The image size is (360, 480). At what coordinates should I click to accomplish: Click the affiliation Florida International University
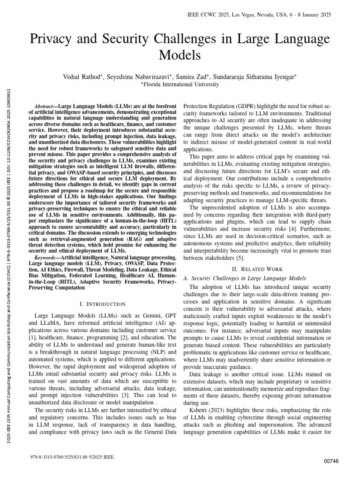(180, 84)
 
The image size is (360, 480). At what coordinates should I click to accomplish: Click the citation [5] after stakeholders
(239, 258)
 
